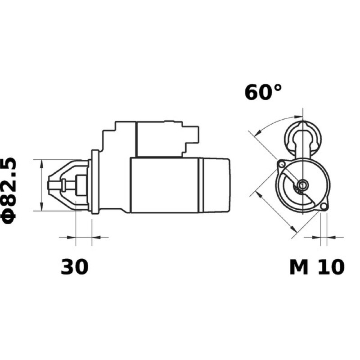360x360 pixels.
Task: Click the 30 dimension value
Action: pyautogui.click(x=74, y=267)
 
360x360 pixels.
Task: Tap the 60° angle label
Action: pyautogui.click(x=263, y=92)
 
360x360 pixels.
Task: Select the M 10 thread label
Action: pyautogui.click(x=317, y=267)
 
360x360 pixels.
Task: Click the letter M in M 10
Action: pyautogui.click(x=299, y=267)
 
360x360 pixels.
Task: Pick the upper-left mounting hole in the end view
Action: pyautogui.click(x=282, y=164)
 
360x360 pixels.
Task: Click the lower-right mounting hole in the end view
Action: pyautogui.click(x=324, y=207)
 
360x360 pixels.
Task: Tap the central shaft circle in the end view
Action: pyautogui.click(x=303, y=184)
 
